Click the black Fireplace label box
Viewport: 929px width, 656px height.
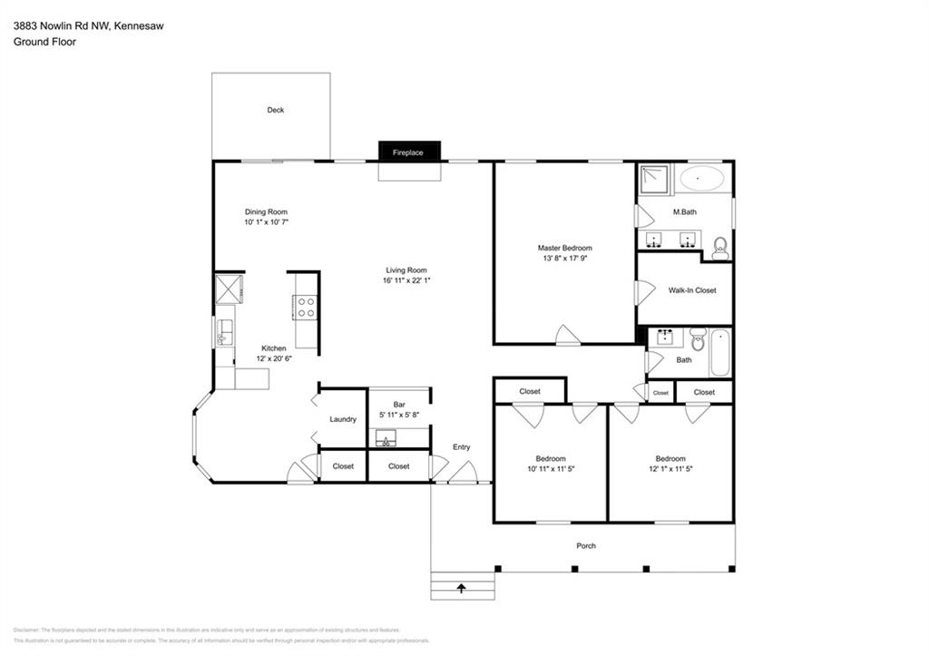point(408,152)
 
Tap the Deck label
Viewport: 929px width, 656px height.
point(275,110)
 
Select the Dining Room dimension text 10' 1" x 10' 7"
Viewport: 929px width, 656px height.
point(266,222)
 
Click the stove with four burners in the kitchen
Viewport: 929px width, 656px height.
point(305,308)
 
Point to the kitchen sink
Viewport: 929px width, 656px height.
point(224,333)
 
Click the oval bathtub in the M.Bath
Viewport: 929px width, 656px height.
point(701,178)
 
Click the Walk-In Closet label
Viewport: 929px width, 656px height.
point(692,291)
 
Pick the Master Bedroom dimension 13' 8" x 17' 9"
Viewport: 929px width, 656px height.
point(564,259)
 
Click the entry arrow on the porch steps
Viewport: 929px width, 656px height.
point(462,588)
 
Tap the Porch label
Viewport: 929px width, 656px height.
point(586,545)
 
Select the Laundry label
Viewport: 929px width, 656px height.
point(343,419)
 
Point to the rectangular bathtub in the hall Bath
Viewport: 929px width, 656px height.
point(719,353)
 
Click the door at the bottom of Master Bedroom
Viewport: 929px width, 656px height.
point(568,336)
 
